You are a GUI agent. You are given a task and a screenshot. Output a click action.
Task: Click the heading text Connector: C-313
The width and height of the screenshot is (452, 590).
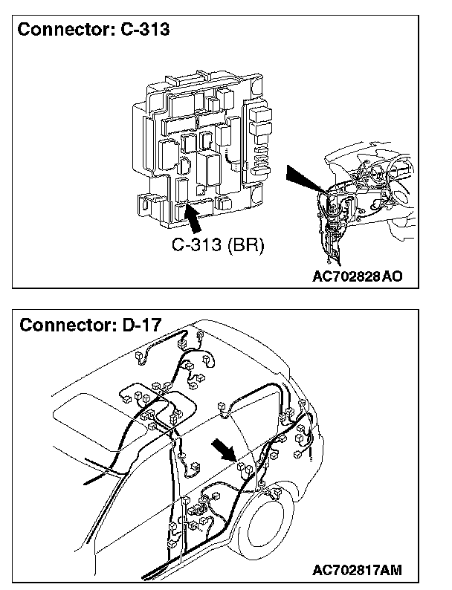94,30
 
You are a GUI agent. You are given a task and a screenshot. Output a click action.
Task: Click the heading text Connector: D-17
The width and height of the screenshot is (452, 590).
91,325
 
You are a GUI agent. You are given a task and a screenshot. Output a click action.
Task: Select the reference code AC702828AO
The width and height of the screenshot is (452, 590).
358,276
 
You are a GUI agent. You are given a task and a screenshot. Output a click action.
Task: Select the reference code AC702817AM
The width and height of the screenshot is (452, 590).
358,570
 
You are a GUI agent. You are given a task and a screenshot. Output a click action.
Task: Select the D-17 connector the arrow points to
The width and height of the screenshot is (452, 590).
242,467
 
